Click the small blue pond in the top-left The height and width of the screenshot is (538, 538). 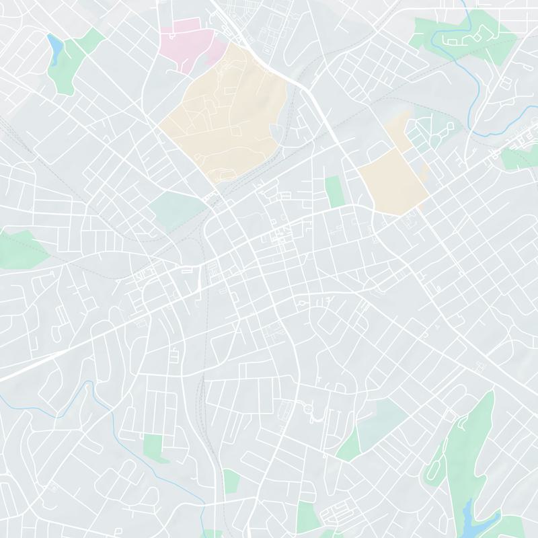click(x=54, y=47)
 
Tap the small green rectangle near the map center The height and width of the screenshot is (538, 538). click(x=334, y=192)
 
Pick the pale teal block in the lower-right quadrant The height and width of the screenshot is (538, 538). click(x=380, y=420)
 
